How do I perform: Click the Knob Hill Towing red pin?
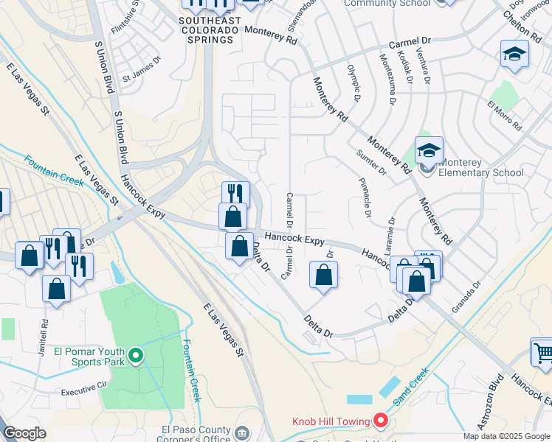[x=381, y=421]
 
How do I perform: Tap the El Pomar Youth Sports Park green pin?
[x=136, y=357]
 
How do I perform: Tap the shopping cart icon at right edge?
[x=542, y=353]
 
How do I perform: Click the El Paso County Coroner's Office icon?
[x=242, y=431]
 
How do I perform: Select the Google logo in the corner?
[x=25, y=433]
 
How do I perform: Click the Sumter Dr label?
[x=372, y=161]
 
